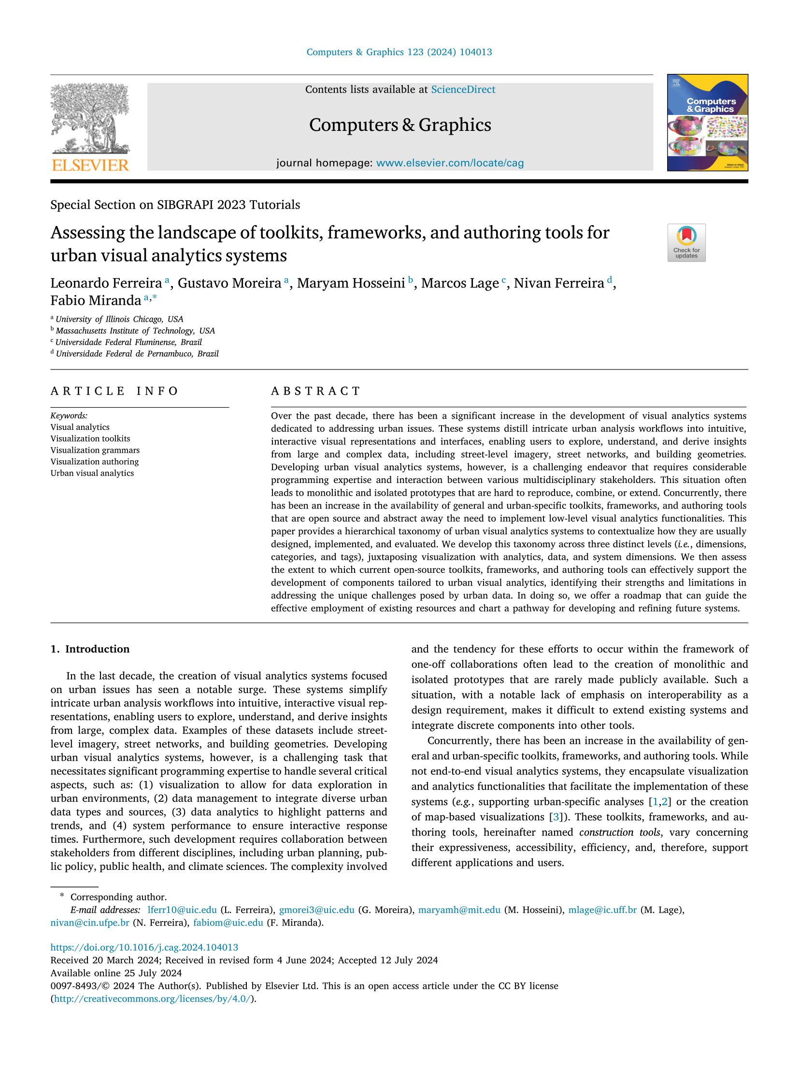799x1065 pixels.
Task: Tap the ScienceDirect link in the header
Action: click(463, 89)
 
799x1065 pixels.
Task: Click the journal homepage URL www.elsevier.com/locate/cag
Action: click(450, 163)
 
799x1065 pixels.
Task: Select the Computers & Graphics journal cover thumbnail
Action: click(707, 123)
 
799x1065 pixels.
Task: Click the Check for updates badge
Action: click(686, 242)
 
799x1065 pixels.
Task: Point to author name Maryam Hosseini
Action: click(351, 283)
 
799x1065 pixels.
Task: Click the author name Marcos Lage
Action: click(459, 283)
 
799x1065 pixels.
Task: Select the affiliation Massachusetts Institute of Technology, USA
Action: click(135, 331)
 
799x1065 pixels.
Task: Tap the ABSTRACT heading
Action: click(315, 391)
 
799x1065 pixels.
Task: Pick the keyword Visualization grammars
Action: click(95, 450)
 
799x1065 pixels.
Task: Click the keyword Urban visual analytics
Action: click(92, 473)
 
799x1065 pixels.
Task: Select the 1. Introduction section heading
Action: click(90, 649)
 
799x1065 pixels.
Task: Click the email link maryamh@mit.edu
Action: click(459, 910)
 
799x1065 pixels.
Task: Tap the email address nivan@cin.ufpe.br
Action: click(90, 923)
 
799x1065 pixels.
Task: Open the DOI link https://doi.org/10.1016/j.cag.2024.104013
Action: click(144, 947)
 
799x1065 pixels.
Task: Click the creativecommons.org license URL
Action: click(153, 998)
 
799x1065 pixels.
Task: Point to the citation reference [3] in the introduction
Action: click(556, 817)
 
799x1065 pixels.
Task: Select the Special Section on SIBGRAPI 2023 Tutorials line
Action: click(175, 205)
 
